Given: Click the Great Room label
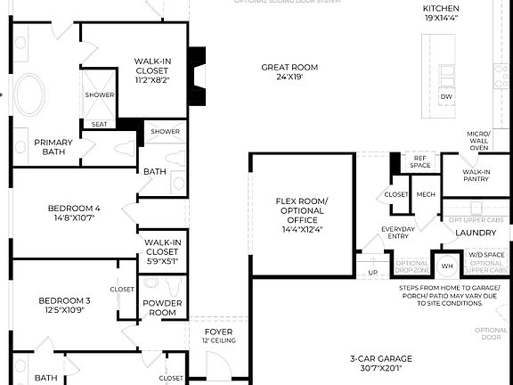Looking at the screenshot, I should [x=289, y=72].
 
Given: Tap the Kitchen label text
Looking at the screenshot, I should [x=440, y=12].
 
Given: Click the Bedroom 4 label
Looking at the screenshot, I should [x=74, y=212].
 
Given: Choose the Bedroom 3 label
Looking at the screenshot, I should [x=64, y=306].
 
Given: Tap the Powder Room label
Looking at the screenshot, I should [x=162, y=307].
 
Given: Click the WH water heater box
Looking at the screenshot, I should [x=448, y=266].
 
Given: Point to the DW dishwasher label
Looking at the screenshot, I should [x=447, y=96].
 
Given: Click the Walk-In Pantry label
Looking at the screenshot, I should [x=476, y=176].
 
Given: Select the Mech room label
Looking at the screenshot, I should [x=426, y=194].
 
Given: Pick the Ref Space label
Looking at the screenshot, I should [x=420, y=161].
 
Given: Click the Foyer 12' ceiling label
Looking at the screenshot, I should [x=218, y=336].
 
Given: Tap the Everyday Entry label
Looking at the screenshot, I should [x=397, y=233].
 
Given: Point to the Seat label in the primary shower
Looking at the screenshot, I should [x=99, y=124].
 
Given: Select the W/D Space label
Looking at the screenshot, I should [x=486, y=256].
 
